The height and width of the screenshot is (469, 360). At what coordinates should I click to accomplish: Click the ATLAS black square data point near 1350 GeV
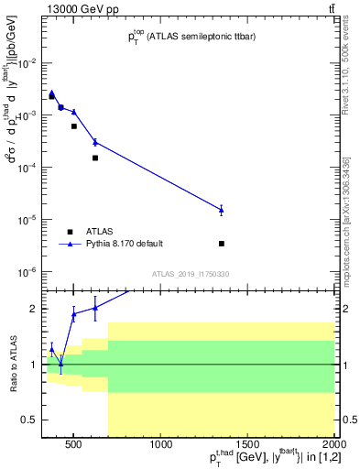222,244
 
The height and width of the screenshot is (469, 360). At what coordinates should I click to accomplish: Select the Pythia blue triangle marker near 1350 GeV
222,210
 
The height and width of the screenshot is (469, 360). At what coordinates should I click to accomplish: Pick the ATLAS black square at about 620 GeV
95,158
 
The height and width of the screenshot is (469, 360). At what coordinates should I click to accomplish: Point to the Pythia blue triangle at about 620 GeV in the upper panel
95,142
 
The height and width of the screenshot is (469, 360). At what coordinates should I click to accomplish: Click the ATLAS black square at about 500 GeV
74,126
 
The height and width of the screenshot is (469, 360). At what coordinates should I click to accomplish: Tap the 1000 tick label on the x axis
161,445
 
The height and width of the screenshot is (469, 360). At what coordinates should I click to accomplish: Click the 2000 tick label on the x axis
333,445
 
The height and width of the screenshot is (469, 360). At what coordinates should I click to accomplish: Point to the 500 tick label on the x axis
75,445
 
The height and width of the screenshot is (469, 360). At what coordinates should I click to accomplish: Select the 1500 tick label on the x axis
247,445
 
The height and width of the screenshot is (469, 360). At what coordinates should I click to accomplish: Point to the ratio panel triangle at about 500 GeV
74,314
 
